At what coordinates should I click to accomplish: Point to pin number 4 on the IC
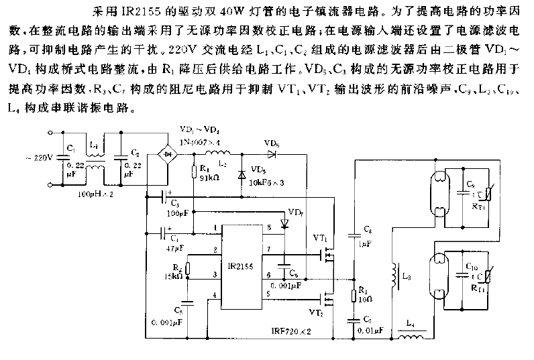[215, 295]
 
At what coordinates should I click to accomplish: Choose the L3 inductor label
[409, 275]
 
